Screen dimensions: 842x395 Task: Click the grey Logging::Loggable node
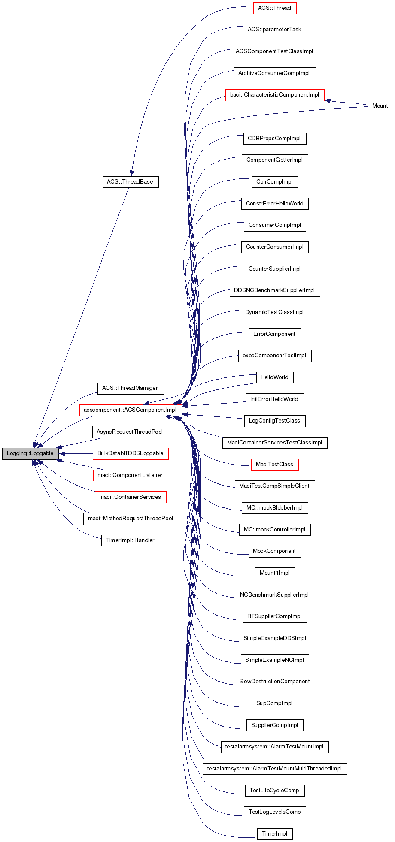coord(30,453)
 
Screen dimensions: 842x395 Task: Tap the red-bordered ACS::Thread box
coord(274,8)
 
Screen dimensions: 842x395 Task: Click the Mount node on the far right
coord(380,106)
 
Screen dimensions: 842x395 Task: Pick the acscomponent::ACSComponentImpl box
coord(130,410)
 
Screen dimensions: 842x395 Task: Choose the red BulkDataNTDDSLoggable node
coord(131,453)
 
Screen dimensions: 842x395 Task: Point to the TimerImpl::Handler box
coord(130,540)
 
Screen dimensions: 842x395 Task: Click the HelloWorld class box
coord(274,377)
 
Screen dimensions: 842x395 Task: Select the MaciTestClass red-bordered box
coord(274,465)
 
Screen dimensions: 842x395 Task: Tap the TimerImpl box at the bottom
coord(274,834)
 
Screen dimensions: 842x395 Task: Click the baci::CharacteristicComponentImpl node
coord(274,95)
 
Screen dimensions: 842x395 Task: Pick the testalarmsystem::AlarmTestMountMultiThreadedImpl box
coord(274,769)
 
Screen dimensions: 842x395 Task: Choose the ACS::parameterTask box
coord(274,30)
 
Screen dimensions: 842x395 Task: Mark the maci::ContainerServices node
coord(130,497)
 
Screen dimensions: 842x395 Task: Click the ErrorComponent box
coord(274,334)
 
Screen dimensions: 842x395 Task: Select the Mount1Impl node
coord(274,573)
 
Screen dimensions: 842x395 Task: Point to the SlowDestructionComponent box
coord(274,682)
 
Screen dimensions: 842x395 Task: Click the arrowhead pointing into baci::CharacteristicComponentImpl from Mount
coord(328,101)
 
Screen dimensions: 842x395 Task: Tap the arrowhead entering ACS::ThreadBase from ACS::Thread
coord(131,172)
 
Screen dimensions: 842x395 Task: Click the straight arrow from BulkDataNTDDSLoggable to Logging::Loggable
coord(76,453)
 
